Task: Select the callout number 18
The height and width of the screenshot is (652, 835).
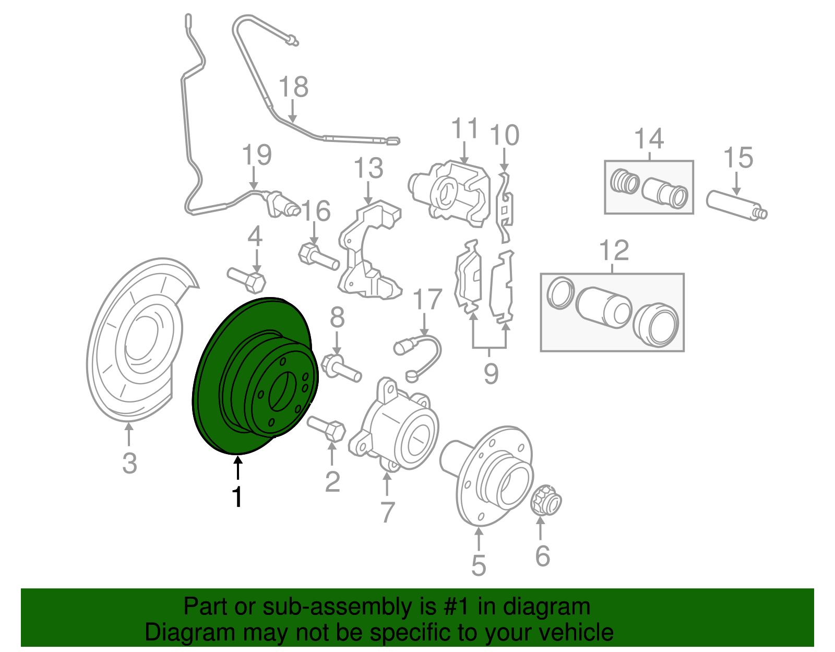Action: point(293,87)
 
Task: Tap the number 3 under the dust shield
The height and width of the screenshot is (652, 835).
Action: point(129,464)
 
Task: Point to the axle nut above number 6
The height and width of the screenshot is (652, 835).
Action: point(546,500)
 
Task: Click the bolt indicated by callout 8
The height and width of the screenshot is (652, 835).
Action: point(340,368)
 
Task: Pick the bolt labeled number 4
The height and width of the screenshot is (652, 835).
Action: point(246,280)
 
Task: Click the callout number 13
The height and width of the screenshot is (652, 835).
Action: point(368,168)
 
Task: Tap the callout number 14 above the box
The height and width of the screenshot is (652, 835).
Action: point(649,138)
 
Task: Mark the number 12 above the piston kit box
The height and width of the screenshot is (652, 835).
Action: point(614,251)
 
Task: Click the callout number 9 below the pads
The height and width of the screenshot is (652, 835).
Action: point(491,373)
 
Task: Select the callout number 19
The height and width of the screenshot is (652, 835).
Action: point(257,155)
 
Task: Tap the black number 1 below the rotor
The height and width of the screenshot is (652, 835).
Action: point(238,497)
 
